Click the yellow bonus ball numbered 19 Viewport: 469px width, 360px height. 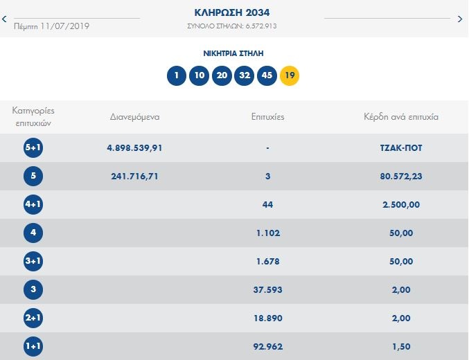click(x=290, y=75)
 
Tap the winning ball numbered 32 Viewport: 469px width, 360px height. click(x=244, y=75)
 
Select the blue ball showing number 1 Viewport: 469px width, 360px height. click(x=177, y=75)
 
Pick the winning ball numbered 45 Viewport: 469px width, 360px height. click(x=267, y=75)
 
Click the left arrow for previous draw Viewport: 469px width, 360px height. click(x=5, y=19)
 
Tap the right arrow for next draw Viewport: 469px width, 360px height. click(x=460, y=19)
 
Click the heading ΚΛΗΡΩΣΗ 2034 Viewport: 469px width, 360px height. click(x=233, y=12)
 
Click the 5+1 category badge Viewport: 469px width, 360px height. click(x=33, y=147)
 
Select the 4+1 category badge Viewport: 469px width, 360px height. click(x=33, y=204)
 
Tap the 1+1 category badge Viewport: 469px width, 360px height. click(x=33, y=346)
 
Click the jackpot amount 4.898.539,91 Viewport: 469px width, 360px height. click(x=135, y=147)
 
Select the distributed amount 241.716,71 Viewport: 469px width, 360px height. click(x=135, y=176)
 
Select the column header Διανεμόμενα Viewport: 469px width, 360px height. click(x=135, y=116)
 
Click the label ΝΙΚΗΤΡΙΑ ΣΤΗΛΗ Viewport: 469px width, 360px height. click(x=233, y=53)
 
